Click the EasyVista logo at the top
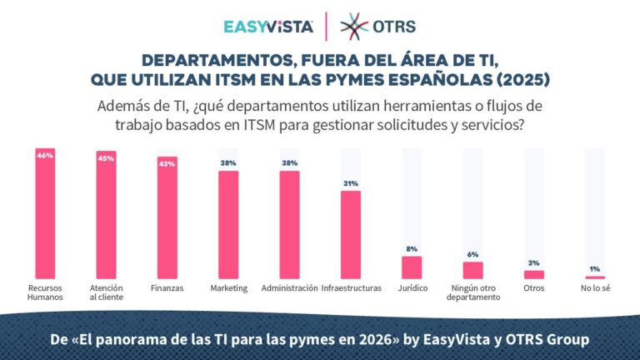click(269, 26)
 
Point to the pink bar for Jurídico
click(412, 267)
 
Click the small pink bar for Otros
click(534, 274)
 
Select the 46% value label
click(45, 155)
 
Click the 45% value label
click(106, 157)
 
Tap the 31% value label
click(351, 183)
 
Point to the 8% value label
click(412, 249)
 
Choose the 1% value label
click(595, 268)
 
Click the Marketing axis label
click(228, 287)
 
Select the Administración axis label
click(289, 287)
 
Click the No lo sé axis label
click(595, 287)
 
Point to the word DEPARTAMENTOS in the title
click(205, 61)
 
